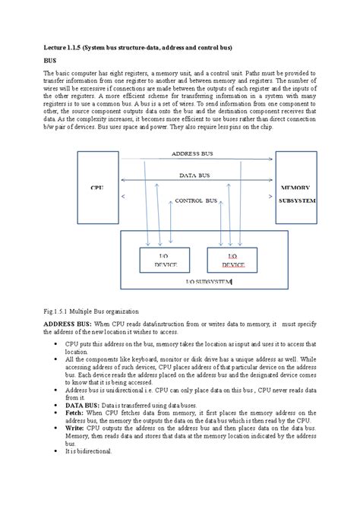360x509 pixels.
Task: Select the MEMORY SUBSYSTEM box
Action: [295, 193]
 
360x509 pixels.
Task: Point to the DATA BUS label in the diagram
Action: [195, 175]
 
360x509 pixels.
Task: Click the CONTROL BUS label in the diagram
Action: [196, 201]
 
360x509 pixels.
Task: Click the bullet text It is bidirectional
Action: [88, 451]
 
